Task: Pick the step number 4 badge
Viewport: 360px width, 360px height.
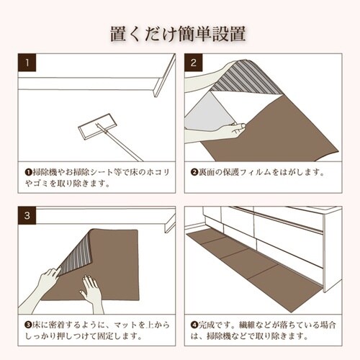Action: [194, 215]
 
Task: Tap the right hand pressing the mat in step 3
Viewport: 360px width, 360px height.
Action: [91, 291]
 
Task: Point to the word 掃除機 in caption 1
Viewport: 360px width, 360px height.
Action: [41, 173]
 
